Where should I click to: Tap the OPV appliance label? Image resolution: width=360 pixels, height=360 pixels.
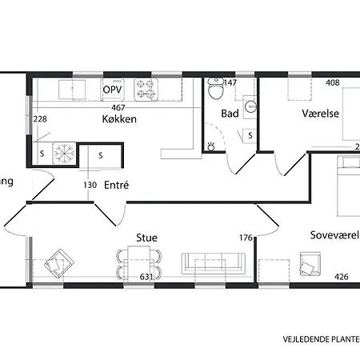click(x=112, y=90)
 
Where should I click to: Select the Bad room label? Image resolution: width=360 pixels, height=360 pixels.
click(x=230, y=114)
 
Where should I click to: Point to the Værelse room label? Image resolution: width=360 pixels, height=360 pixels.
click(x=320, y=114)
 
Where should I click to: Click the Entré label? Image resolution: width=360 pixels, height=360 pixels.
click(x=117, y=185)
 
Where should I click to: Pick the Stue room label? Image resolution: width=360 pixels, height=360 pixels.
click(x=146, y=238)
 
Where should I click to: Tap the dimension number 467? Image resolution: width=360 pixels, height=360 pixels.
click(x=119, y=107)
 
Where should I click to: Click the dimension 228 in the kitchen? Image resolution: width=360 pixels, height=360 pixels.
click(x=40, y=119)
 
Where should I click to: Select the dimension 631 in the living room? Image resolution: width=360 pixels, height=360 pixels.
click(x=146, y=278)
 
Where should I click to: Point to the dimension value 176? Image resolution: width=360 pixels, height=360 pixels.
click(x=246, y=238)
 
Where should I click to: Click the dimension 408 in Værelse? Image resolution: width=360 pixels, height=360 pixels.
click(x=333, y=82)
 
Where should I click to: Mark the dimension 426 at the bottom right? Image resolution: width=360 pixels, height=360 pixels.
click(x=342, y=278)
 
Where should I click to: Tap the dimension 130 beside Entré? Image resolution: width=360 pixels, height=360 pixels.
click(x=90, y=185)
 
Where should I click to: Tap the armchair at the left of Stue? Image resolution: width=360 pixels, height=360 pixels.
click(x=58, y=262)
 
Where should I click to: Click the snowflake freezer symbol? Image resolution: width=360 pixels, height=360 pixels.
click(x=64, y=151)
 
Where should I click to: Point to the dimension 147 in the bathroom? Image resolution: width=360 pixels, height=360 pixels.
click(x=231, y=82)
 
